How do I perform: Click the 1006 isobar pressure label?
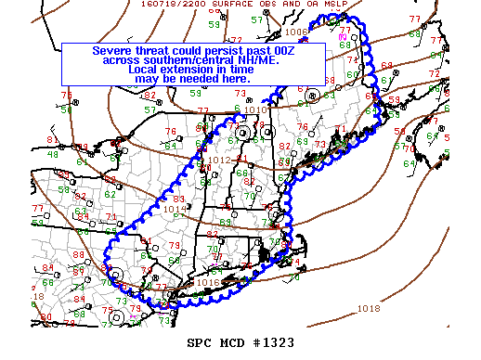point(297,32)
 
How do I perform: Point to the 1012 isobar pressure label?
point(220,161)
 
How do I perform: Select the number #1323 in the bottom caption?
point(273,342)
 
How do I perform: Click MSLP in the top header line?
point(331,5)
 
